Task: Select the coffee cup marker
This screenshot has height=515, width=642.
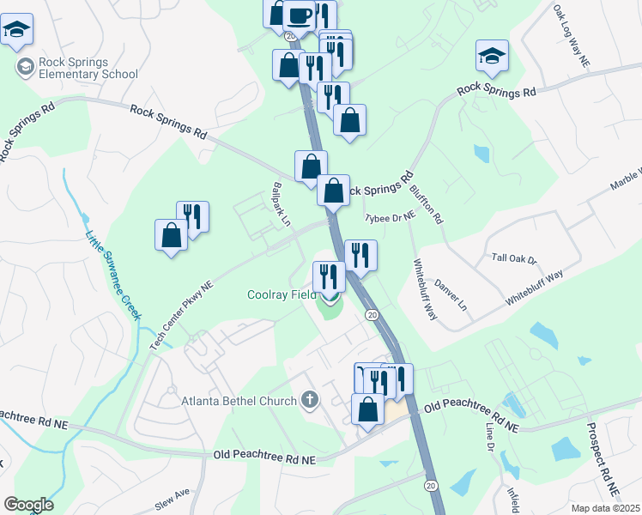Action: [x=300, y=15]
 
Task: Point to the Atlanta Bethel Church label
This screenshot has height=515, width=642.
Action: [x=239, y=400]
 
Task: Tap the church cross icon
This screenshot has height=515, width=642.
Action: [x=310, y=400]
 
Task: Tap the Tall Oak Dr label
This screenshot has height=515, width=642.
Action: [x=513, y=258]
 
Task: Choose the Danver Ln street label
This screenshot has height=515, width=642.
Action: [x=452, y=293]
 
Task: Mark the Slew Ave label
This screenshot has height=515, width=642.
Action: [x=172, y=495]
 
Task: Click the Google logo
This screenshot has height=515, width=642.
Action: [x=28, y=505]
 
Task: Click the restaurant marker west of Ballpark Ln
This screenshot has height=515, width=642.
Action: [x=193, y=216]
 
